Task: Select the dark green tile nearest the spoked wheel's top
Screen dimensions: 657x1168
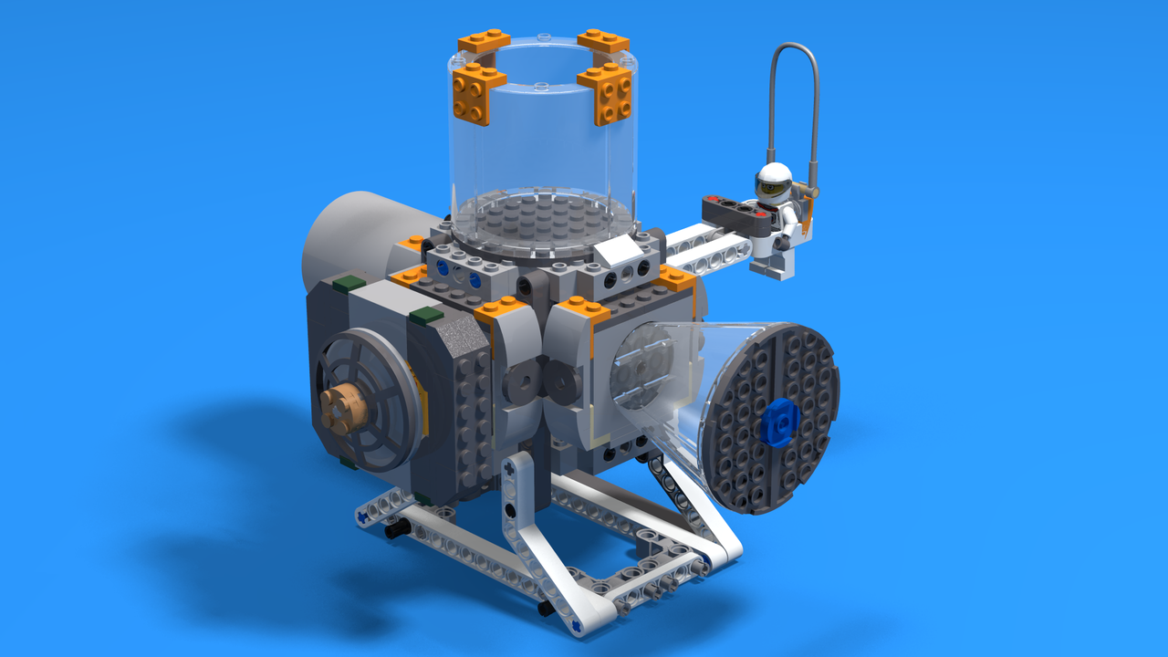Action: [426, 316]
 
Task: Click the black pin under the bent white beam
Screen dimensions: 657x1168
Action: [546, 608]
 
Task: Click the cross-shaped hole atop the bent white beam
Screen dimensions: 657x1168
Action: [508, 467]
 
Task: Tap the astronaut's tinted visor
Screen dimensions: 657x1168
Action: [773, 188]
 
